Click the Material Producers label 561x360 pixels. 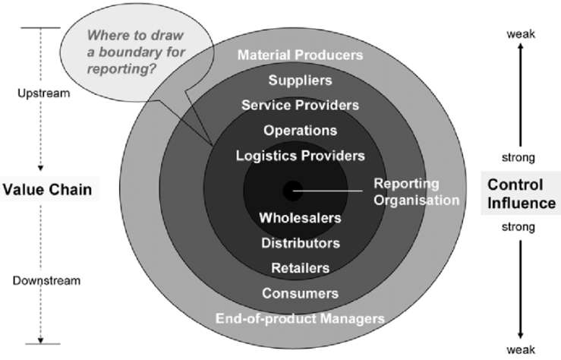pos(300,55)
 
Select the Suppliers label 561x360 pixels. pos(300,80)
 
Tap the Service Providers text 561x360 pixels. pos(300,105)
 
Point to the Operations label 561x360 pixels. pos(300,130)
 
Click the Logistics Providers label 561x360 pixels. pos(300,156)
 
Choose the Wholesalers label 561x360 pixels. pos(300,218)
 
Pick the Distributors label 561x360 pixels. pos(300,243)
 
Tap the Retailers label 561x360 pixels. pos(300,268)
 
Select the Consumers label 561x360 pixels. pos(300,293)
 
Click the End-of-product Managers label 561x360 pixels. pos(300,318)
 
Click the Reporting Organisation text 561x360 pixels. pos(417,192)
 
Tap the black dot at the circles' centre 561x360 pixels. pos(292,190)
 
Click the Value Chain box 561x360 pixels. pos(50,190)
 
